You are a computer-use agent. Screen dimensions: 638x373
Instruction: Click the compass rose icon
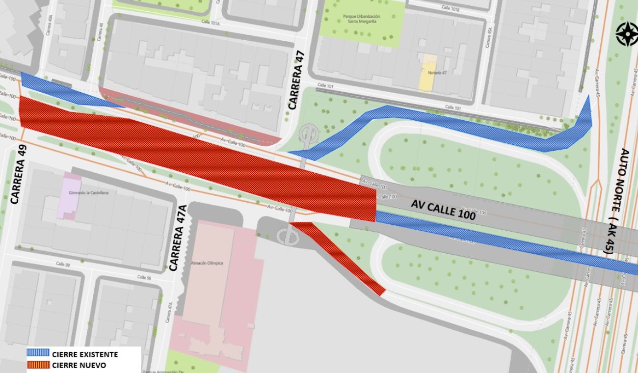(x=627, y=34)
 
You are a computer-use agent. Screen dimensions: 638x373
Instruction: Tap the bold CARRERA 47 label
(x=296, y=81)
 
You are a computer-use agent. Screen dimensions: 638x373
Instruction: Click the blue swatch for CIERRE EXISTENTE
(x=38, y=353)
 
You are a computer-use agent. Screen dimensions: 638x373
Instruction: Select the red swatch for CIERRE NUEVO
(x=38, y=365)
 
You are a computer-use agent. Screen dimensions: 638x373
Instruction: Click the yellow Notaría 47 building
(x=429, y=73)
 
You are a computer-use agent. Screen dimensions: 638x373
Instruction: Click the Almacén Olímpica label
(x=207, y=263)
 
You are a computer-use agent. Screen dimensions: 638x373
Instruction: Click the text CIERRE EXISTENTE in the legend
(x=85, y=353)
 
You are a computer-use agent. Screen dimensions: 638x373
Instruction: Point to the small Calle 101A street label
(x=213, y=22)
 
